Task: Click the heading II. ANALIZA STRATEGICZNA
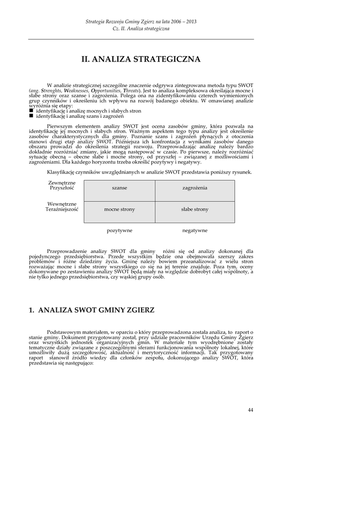coord(141,60)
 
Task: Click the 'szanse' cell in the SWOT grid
coord(119,188)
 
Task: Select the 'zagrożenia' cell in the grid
coord(195,188)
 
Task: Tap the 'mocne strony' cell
coord(119,209)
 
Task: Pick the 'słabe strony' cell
coord(195,209)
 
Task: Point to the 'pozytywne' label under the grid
coord(119,231)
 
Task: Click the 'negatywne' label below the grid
coord(195,231)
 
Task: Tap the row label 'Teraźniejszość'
coord(62,209)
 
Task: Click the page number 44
coord(250,410)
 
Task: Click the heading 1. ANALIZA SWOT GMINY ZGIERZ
coord(91,310)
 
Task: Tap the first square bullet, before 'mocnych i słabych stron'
coord(31,111)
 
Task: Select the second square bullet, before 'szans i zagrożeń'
coord(31,116)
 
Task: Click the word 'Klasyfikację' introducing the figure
coord(61,172)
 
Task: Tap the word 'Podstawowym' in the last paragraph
coord(63,332)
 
